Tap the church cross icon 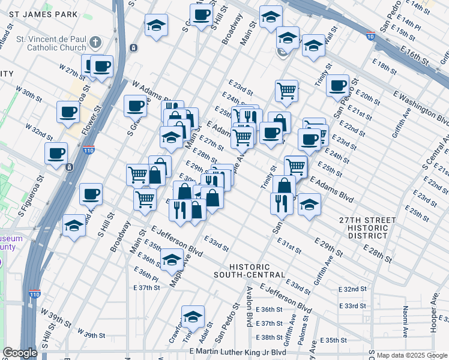[95, 42]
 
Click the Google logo [20, 353]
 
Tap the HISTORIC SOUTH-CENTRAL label [249, 270]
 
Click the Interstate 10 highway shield [370, 37]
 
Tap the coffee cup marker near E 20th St [338, 85]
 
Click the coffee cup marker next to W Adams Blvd [135, 106]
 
